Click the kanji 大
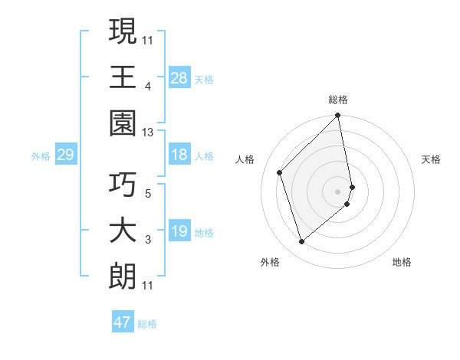[x=123, y=231]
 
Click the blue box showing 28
[x=179, y=77]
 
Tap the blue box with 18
[x=179, y=155]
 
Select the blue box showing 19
[x=179, y=231]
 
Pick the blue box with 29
[x=65, y=155]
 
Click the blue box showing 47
[x=123, y=322]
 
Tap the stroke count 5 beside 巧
[x=147, y=192]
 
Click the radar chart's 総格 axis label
[x=338, y=100]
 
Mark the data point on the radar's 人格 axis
[x=280, y=172]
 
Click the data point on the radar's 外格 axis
[x=301, y=242]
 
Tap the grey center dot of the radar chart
[x=338, y=191]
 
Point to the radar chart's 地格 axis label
[x=402, y=262]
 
